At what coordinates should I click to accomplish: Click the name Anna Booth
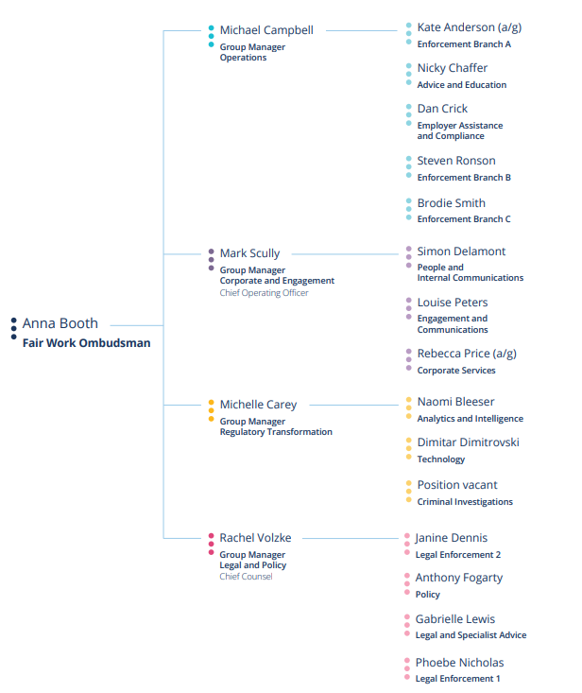pyautogui.click(x=60, y=323)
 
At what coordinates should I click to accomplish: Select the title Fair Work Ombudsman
pyautogui.click(x=87, y=343)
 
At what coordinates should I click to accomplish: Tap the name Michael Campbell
pyautogui.click(x=266, y=30)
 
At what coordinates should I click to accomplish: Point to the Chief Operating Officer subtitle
pyautogui.click(x=264, y=292)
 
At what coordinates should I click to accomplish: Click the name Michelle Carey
pyautogui.click(x=258, y=405)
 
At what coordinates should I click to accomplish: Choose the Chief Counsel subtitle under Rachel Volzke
pyautogui.click(x=246, y=577)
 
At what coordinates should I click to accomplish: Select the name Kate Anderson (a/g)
pyautogui.click(x=470, y=27)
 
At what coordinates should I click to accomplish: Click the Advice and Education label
pyautogui.click(x=462, y=85)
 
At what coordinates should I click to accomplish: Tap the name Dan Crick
pyautogui.click(x=442, y=109)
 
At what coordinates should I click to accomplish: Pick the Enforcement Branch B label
pyautogui.click(x=464, y=177)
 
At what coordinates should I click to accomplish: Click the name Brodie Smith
pyautogui.click(x=452, y=203)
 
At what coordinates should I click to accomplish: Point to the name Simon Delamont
pyautogui.click(x=461, y=251)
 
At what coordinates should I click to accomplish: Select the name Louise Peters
pyautogui.click(x=453, y=303)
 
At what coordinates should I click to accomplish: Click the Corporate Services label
pyautogui.click(x=456, y=371)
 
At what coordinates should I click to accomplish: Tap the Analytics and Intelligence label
pyautogui.click(x=471, y=419)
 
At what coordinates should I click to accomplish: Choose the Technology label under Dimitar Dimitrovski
pyautogui.click(x=441, y=459)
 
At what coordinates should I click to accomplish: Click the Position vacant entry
pyautogui.click(x=457, y=485)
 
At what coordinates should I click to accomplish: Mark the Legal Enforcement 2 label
pyautogui.click(x=458, y=555)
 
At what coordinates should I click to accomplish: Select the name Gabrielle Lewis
pyautogui.click(x=455, y=618)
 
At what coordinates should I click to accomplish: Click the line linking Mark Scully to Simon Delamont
pyautogui.click(x=345, y=254)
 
